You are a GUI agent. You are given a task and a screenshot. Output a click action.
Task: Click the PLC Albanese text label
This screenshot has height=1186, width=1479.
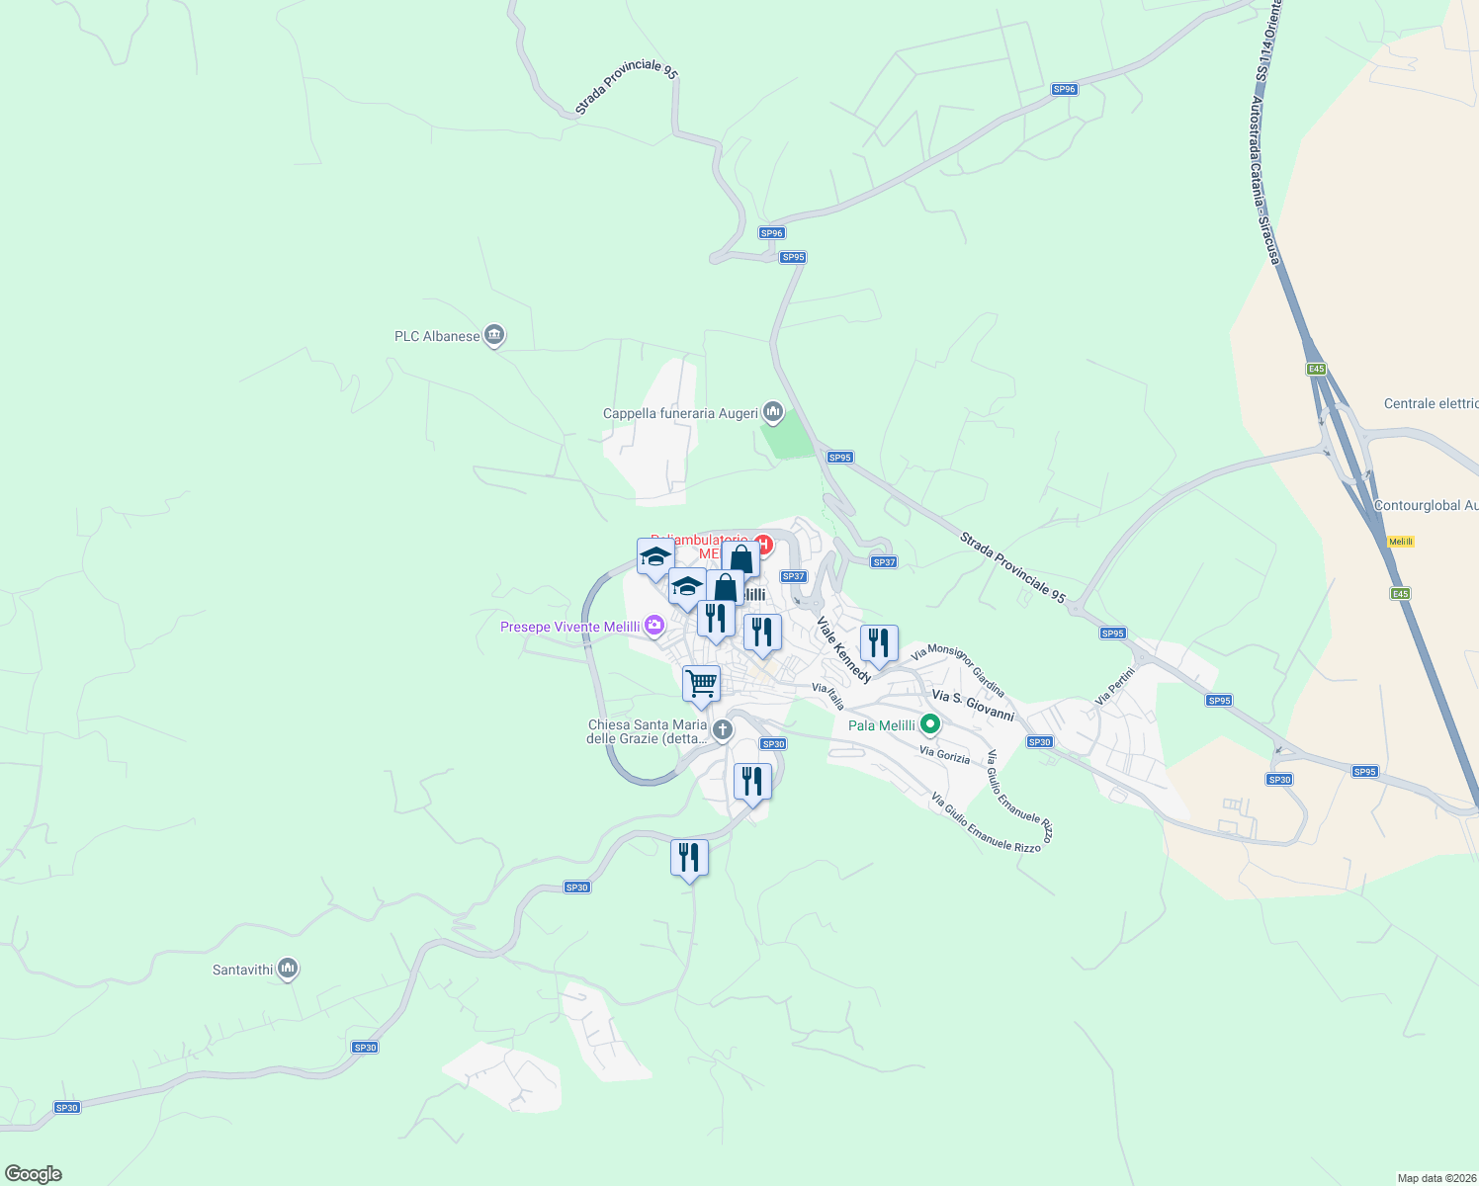[437, 337]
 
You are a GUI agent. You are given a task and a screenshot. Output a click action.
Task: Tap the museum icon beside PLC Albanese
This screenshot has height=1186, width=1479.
[495, 336]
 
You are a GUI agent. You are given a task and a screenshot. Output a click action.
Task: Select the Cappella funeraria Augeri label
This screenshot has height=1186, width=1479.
[680, 414]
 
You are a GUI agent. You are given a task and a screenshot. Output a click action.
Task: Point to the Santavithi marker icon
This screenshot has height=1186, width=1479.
[288, 969]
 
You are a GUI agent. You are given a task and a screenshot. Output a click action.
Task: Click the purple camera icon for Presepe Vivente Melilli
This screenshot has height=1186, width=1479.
[654, 626]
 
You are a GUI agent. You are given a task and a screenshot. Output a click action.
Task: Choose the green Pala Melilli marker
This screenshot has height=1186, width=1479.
[929, 725]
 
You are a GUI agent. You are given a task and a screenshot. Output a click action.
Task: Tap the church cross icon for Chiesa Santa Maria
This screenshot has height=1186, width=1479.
[723, 730]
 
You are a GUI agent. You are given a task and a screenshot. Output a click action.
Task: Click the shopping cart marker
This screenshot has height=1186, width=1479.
[701, 683]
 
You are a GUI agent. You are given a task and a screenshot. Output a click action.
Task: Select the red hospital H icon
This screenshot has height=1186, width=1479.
[762, 544]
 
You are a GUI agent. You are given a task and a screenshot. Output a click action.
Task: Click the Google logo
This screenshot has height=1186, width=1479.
[34, 1174]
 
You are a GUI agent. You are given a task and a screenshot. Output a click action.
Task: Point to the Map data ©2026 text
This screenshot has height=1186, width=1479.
[1435, 1178]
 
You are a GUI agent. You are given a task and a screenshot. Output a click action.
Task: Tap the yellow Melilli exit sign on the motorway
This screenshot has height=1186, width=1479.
[1401, 542]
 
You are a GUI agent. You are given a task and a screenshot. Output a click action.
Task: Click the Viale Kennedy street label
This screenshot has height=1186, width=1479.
[843, 650]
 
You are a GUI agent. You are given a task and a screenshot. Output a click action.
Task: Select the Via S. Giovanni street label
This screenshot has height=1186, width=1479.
[973, 706]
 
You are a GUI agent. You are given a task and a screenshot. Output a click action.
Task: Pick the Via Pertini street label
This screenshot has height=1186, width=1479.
[1115, 686]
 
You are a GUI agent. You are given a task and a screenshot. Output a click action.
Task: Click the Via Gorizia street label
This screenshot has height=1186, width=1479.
[944, 754]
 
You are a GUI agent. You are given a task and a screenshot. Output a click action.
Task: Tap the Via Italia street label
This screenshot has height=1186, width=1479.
[828, 696]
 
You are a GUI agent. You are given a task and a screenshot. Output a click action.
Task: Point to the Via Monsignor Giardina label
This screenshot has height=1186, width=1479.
[958, 671]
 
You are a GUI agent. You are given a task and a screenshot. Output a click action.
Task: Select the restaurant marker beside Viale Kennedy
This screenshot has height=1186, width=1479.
[879, 644]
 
